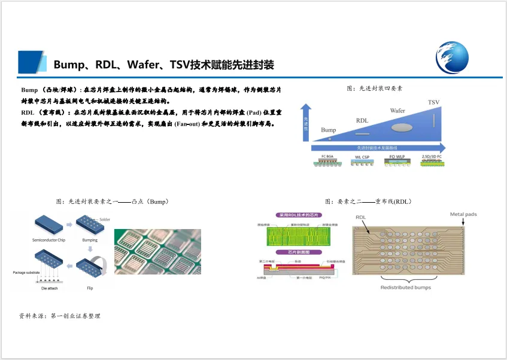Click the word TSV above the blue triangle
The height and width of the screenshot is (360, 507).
click(433, 103)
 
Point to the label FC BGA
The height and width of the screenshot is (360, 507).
click(327, 157)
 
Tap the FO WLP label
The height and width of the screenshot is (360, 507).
click(397, 157)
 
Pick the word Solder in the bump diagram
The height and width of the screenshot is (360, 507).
click(105, 219)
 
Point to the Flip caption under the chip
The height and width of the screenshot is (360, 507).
click(90, 288)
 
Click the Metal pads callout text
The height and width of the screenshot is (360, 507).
click(464, 214)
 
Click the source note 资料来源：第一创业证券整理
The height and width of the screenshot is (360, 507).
click(60, 316)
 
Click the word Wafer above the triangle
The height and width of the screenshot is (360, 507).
click(397, 111)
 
